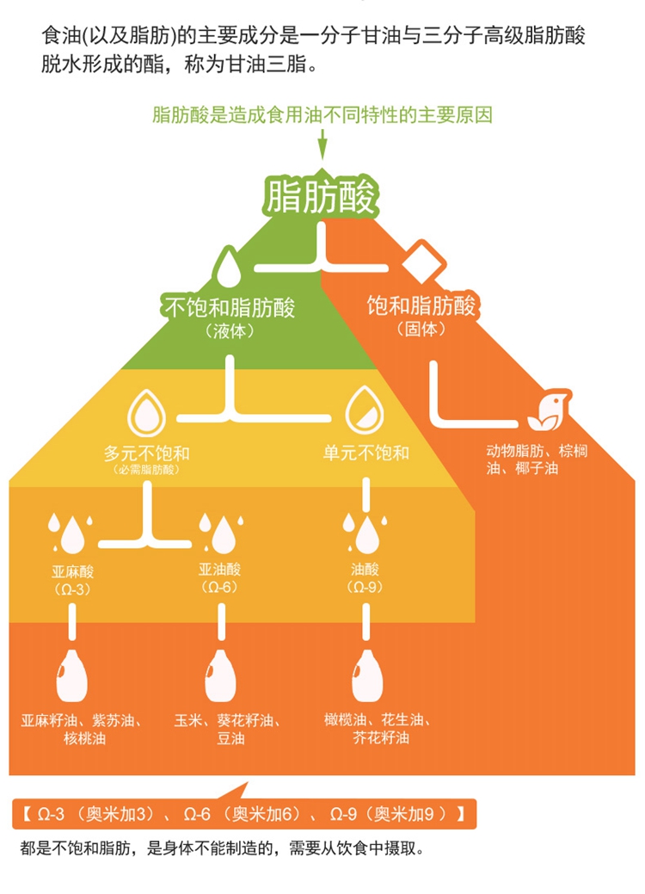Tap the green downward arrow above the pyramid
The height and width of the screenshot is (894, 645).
point(322,145)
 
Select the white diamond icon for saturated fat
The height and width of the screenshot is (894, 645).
point(423,262)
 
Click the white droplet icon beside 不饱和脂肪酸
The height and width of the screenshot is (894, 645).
point(228,266)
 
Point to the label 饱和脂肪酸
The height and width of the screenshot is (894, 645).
point(421,305)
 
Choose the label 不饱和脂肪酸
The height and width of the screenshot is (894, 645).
point(230,308)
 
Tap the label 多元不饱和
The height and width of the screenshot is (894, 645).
point(146,453)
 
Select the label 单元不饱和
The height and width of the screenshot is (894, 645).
point(365,453)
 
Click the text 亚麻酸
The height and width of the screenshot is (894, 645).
point(72,571)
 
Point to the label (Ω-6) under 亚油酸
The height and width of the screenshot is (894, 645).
point(219,587)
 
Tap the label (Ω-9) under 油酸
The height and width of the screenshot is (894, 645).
point(365,587)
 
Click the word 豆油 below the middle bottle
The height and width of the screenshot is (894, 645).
point(230,738)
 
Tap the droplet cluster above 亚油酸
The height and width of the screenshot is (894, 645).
point(221,533)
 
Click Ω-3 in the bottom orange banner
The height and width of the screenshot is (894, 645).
point(51,814)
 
